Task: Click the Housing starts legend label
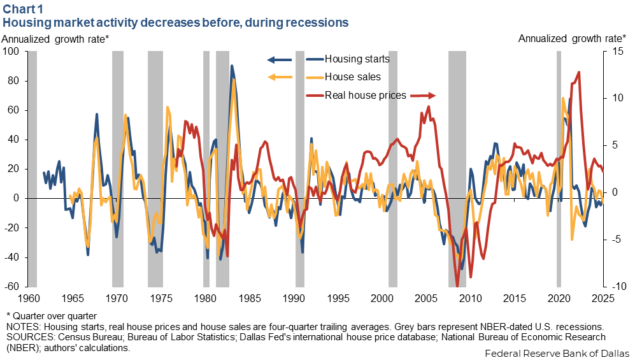pyautogui.click(x=357, y=59)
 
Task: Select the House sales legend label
pyautogui.click(x=353, y=77)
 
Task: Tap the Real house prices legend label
pyautogui.click(x=366, y=96)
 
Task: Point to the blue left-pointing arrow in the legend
pyautogui.click(x=279, y=60)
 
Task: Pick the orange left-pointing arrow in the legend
pyautogui.click(x=279, y=78)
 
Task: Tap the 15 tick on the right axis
pyautogui.click(x=613, y=52)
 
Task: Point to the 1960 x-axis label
pyautogui.click(x=28, y=298)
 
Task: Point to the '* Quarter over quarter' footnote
pyautogui.click(x=51, y=315)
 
